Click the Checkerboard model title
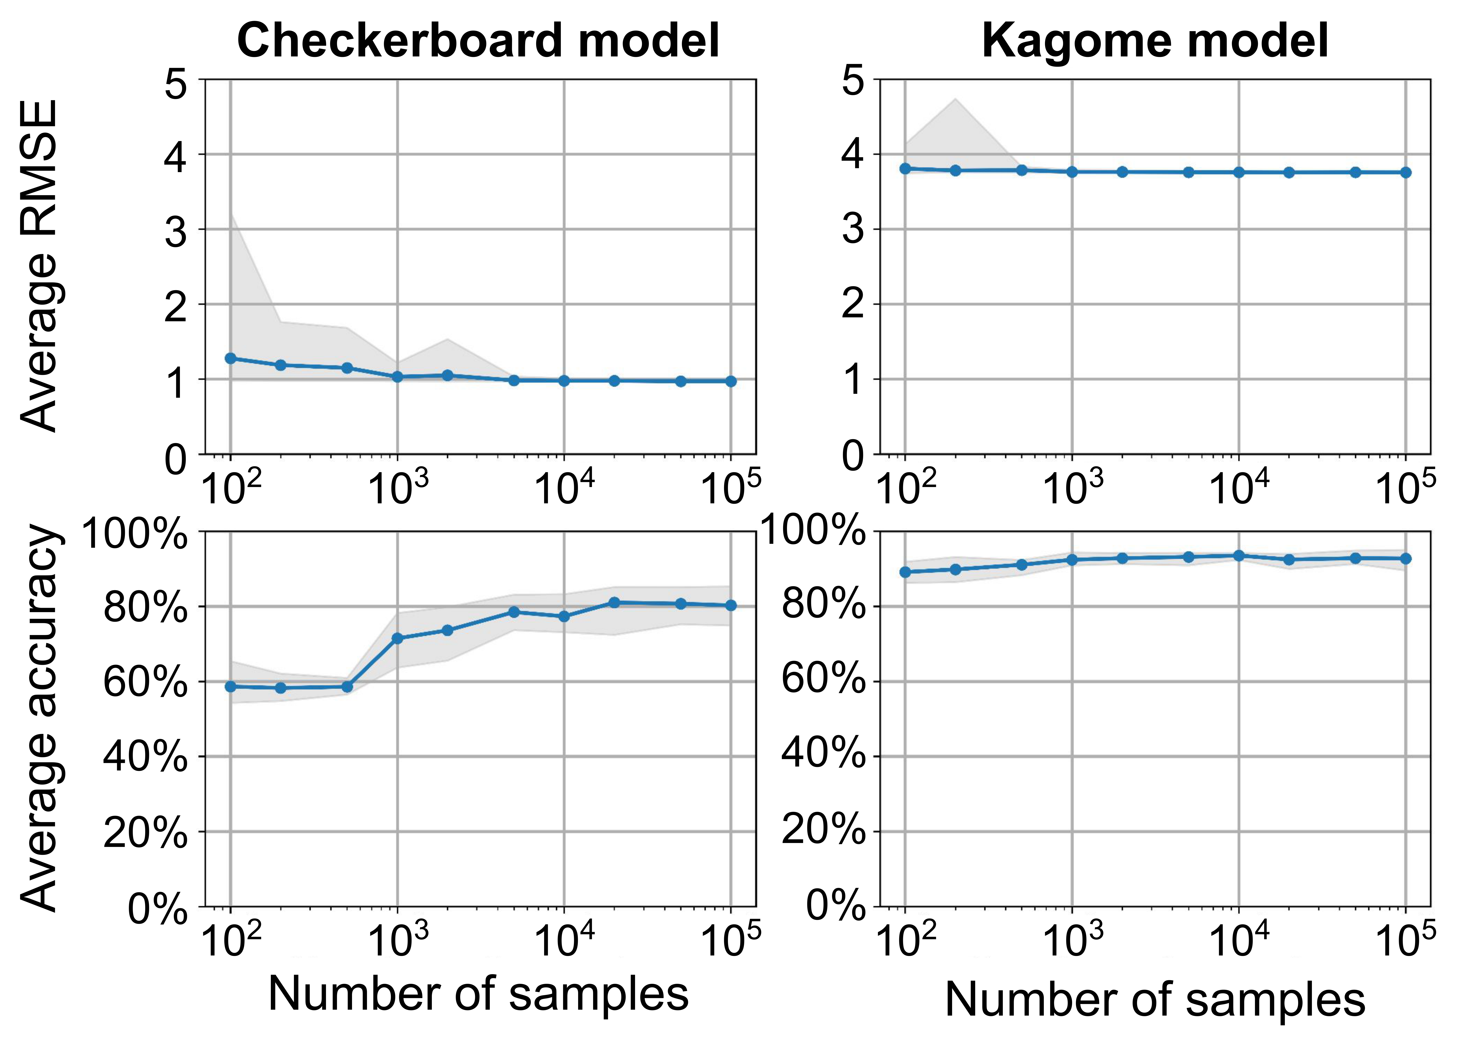(478, 40)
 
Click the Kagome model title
(1154, 40)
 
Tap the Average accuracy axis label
(40, 718)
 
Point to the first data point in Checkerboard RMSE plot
(230, 358)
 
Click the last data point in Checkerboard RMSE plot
(731, 381)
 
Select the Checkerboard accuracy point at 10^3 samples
(397, 638)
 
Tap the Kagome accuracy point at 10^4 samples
(1239, 556)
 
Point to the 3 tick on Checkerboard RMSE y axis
(176, 231)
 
